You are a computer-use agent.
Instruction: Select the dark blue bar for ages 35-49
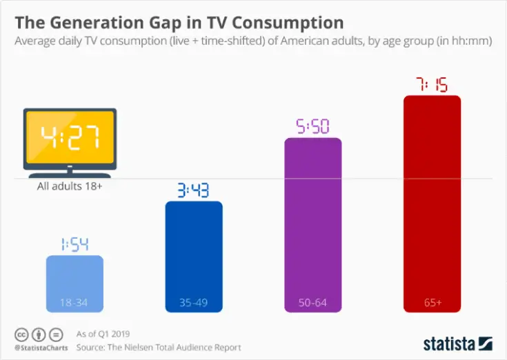[x=194, y=255]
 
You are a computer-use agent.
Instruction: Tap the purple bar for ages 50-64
[x=313, y=224]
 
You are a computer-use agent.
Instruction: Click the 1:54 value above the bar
[x=74, y=244]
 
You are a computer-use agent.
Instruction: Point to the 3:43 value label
[x=194, y=190]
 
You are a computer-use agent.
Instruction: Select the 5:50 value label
[x=313, y=126]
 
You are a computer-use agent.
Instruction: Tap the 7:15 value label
[x=432, y=84]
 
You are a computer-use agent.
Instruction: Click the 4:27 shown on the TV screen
[x=69, y=138]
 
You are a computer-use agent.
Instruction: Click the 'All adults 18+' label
[x=69, y=186]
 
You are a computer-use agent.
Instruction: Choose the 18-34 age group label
[x=74, y=303]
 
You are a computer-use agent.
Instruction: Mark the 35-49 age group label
[x=194, y=303]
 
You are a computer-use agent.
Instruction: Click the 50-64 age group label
[x=313, y=303]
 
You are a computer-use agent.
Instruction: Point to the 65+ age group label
[x=432, y=303]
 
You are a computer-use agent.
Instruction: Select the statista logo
[x=457, y=343]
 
